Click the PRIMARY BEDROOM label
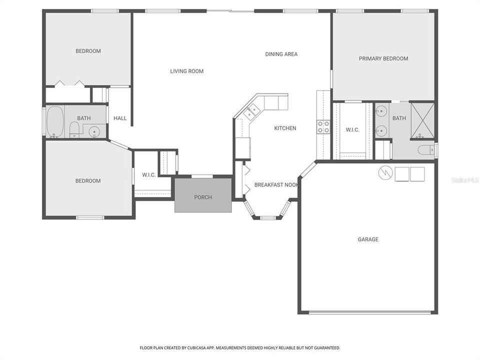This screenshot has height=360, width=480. point(383,58)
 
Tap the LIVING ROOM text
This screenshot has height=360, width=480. point(186,71)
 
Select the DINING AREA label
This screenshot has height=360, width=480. point(281,54)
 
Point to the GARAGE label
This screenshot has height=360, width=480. point(367,239)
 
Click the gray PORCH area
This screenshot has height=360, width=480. point(203,197)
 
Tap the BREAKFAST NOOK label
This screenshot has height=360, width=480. point(276,185)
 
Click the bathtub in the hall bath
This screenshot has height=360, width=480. point(55,121)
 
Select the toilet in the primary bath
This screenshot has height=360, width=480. point(426,149)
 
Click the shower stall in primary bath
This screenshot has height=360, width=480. point(422,120)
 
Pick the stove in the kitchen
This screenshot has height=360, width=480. point(323,126)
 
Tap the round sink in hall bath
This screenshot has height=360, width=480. point(94,131)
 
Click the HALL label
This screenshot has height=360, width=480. point(120,118)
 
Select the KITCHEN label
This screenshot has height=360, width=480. point(285,128)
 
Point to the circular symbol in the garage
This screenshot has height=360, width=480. point(384,173)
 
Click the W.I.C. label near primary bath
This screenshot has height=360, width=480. point(352,130)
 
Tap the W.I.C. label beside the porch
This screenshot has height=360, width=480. point(149,175)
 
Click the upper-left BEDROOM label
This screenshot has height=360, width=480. point(88,51)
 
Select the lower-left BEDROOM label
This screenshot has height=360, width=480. point(88,181)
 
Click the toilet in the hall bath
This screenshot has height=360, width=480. point(74,130)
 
